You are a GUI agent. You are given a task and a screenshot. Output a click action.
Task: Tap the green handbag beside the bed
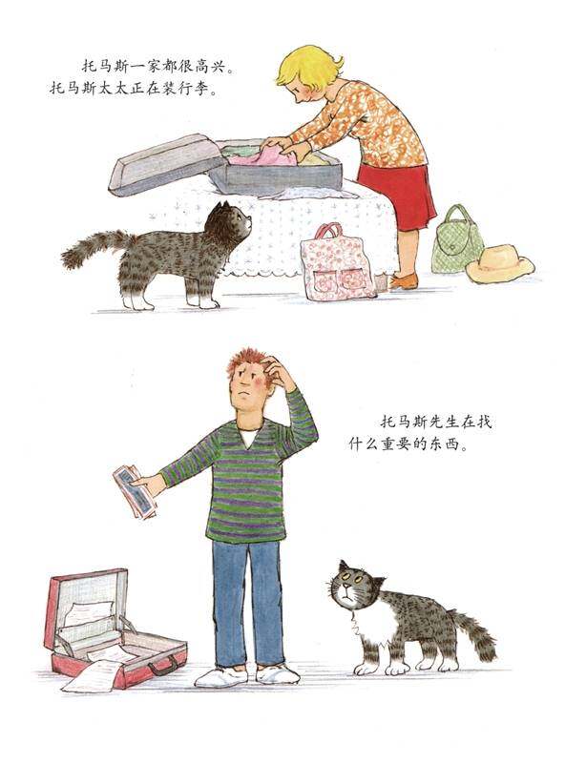coord(457,245)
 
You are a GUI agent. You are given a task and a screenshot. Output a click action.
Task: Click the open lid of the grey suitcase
coord(163,163)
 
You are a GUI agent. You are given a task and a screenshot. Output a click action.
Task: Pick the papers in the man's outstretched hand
coord(133,489)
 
